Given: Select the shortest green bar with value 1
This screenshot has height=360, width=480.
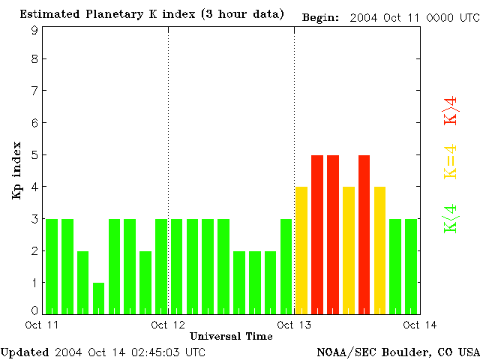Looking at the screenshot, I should (98, 298).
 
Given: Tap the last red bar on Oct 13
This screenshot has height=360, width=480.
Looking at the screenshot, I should (364, 234).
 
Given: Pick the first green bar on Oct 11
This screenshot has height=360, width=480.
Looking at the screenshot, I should (52, 266).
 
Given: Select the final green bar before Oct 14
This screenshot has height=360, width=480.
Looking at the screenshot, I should (411, 266).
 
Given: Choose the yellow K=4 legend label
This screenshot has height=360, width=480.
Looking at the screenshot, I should (450, 162).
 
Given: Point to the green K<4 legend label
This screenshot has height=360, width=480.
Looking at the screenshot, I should (450, 219).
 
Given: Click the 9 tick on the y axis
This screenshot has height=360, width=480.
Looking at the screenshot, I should (34, 30).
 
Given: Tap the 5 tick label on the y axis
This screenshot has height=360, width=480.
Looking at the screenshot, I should (34, 154).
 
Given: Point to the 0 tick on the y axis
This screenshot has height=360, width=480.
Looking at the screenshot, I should (34, 310).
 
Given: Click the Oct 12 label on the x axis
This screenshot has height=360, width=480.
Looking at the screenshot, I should (169, 324).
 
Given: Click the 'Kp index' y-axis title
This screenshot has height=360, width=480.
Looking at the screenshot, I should (16, 170).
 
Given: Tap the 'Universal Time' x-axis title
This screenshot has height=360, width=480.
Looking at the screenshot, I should (231, 335).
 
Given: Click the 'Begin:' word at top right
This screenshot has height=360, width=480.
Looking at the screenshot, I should (320, 17).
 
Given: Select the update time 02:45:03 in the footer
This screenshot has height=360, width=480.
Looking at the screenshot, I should (159, 352).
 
